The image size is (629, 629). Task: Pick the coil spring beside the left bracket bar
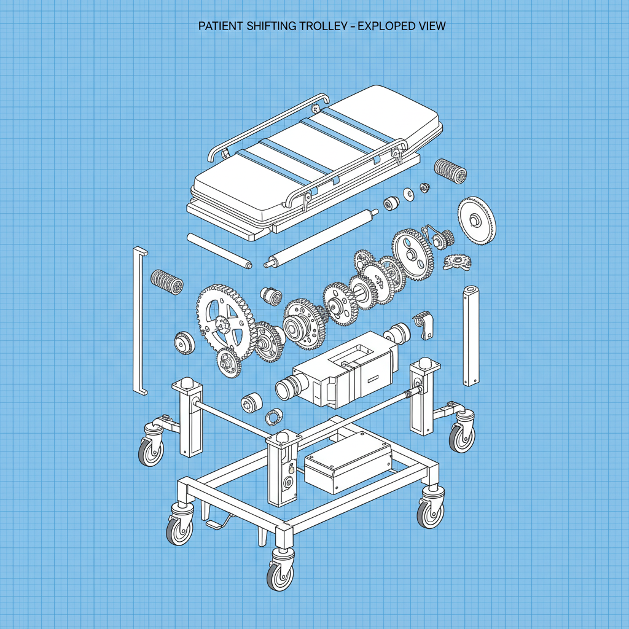click(167, 282)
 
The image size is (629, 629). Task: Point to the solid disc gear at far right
click(477, 220)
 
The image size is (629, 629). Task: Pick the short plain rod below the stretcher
click(219, 250)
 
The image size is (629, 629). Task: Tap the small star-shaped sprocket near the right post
click(456, 262)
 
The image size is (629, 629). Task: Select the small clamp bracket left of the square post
click(423, 324)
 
